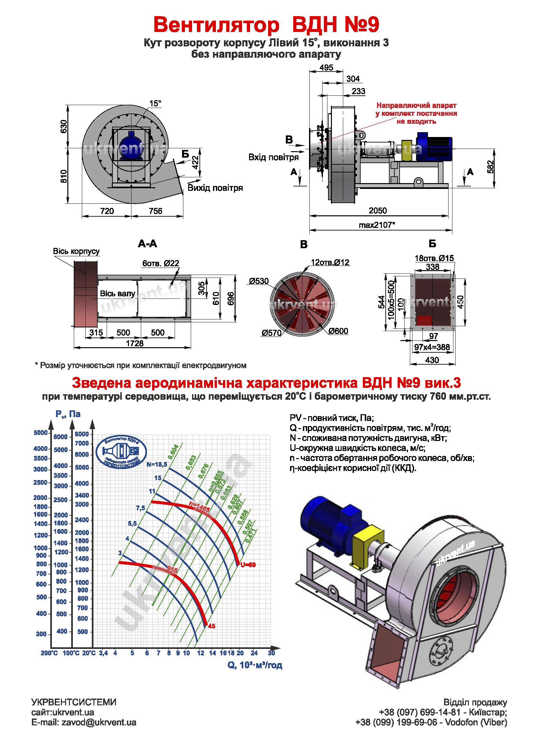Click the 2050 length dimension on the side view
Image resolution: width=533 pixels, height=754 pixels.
click(x=377, y=211)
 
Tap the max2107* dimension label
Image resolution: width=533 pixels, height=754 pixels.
click(x=377, y=225)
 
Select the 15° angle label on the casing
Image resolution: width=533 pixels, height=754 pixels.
click(x=155, y=103)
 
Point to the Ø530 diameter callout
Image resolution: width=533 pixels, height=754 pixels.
click(x=259, y=281)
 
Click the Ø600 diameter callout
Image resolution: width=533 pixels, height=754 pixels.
click(x=338, y=331)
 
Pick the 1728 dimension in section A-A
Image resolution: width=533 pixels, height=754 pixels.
click(x=135, y=343)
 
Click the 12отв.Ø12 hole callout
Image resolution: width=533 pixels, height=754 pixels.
click(x=330, y=262)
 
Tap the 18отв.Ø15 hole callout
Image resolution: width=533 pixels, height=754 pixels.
click(x=434, y=258)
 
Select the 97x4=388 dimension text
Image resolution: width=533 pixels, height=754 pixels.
click(x=432, y=347)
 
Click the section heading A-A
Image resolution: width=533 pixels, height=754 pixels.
click(x=147, y=244)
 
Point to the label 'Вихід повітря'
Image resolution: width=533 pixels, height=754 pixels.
click(x=215, y=188)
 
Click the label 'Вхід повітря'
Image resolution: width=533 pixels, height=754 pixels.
click(x=273, y=157)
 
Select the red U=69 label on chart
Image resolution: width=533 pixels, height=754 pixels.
click(x=248, y=565)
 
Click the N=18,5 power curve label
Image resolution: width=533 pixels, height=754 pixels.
click(x=157, y=464)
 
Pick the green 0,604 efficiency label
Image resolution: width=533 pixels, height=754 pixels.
click(x=173, y=452)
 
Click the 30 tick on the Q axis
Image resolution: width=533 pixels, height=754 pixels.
click(x=271, y=653)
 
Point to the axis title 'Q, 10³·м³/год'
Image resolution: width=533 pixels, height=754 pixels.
click(x=255, y=665)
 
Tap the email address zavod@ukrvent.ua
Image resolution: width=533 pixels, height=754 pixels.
click(x=99, y=722)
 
